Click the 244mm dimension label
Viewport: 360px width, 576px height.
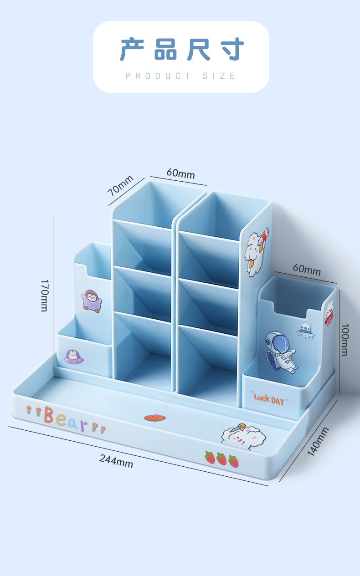116,461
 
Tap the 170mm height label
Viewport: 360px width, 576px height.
45,296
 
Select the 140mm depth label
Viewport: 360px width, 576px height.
318,441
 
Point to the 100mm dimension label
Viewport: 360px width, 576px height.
345,340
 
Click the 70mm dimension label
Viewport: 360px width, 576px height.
120,185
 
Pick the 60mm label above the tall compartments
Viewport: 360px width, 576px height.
180,173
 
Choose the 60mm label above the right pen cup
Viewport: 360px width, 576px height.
307,270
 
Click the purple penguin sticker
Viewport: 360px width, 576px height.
92,301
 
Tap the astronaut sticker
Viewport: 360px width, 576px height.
281,352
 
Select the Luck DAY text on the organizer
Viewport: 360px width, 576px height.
269,399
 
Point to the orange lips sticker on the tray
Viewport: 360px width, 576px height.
154,418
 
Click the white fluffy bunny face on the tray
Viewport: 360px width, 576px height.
243,437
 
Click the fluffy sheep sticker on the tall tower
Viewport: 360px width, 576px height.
256,252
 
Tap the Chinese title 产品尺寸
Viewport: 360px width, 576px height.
182,49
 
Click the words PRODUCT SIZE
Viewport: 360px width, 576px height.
180,76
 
